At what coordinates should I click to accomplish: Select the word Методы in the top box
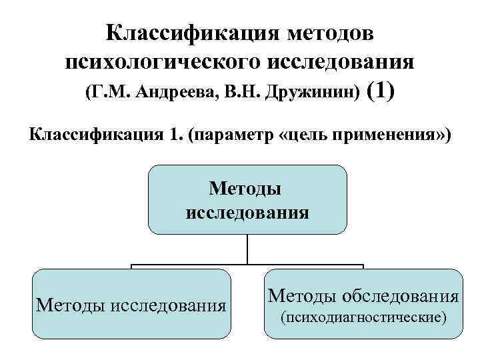(245, 189)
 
